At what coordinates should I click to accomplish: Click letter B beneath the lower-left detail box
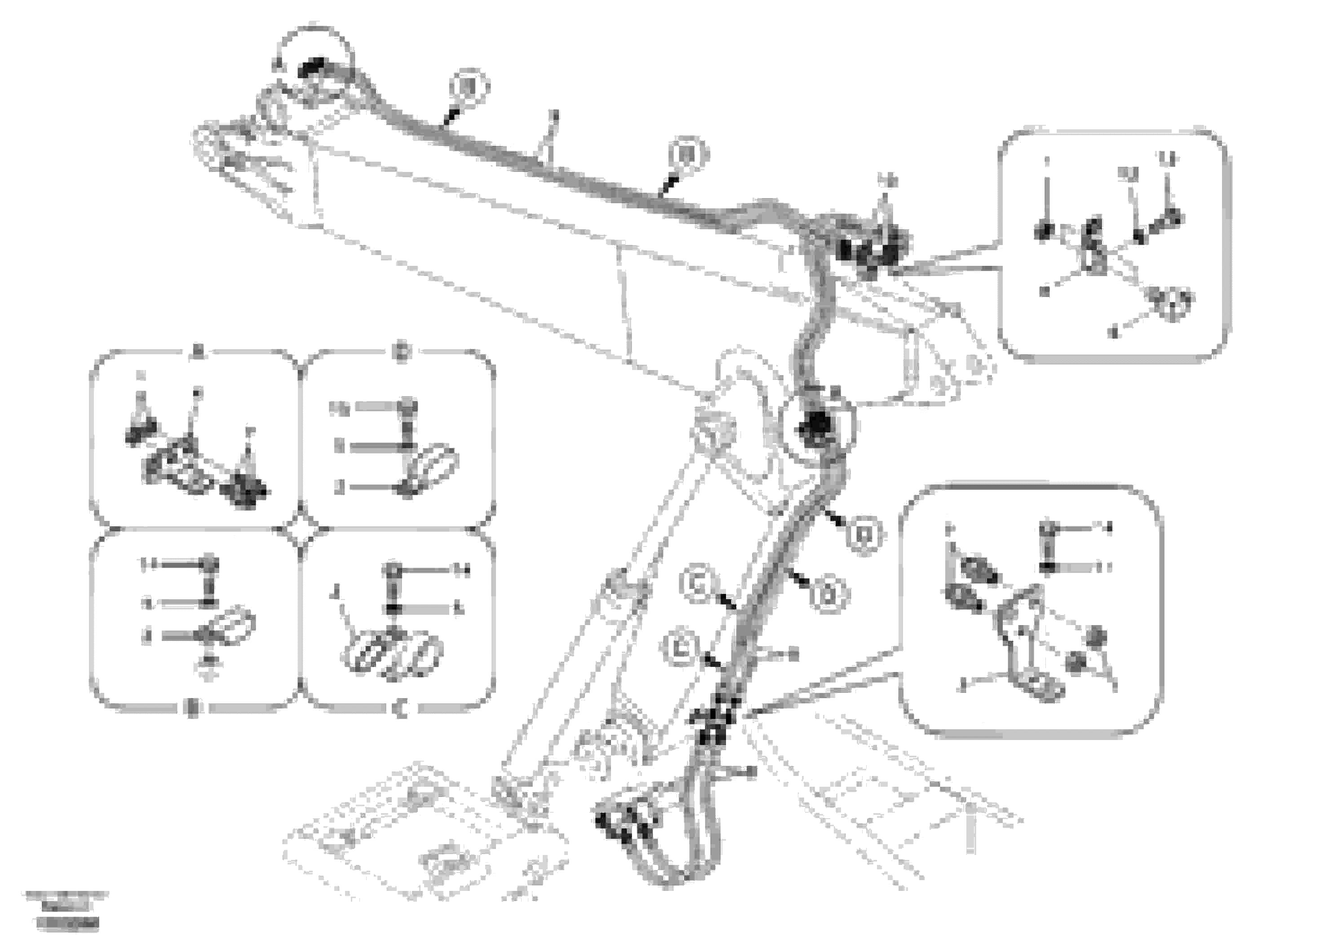(x=193, y=709)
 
